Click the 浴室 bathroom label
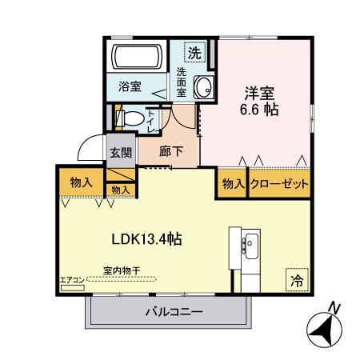click(130, 86)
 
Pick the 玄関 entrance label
click(121, 153)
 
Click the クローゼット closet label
click(279, 183)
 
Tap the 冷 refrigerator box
click(296, 281)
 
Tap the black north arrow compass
click(324, 327)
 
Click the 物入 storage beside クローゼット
click(233, 183)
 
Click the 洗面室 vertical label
click(182, 82)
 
